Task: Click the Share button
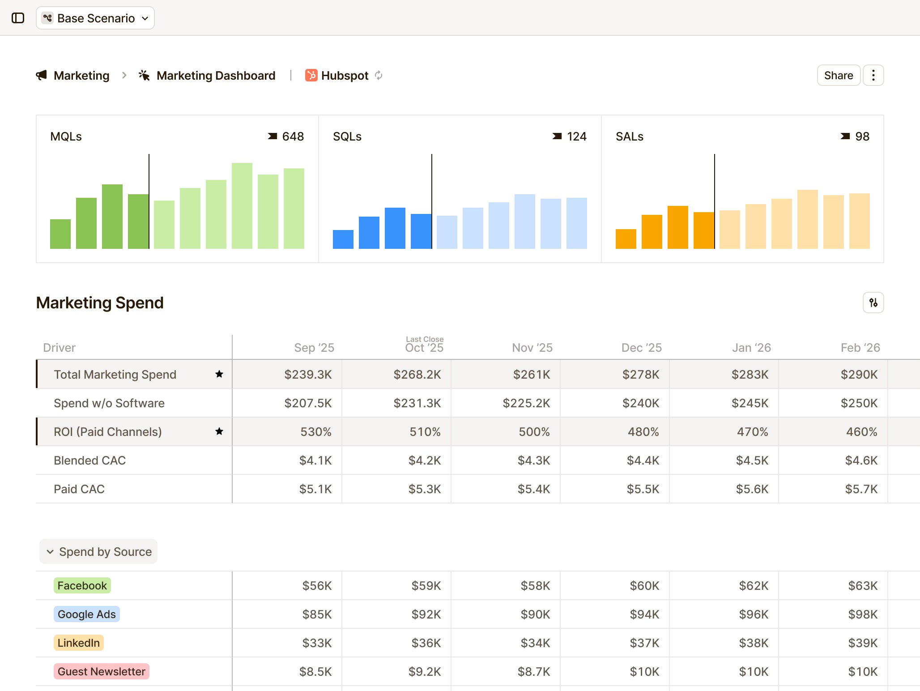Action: click(x=838, y=75)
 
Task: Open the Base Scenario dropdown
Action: click(x=95, y=18)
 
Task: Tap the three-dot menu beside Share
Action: click(x=873, y=75)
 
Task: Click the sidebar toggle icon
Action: click(x=18, y=18)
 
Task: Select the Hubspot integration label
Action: click(x=344, y=76)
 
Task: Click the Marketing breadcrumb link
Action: click(x=81, y=76)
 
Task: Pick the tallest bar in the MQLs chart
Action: click(x=242, y=206)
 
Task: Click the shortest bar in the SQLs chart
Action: click(x=343, y=239)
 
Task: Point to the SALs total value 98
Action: click(x=862, y=136)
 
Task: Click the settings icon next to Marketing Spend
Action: click(x=873, y=303)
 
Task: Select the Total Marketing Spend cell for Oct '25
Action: click(x=417, y=375)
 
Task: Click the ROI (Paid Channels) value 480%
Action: click(x=643, y=432)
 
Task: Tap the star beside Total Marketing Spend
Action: click(x=219, y=374)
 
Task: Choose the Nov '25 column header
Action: click(x=532, y=348)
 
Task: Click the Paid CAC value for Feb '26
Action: click(x=861, y=489)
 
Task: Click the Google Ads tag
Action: click(x=87, y=614)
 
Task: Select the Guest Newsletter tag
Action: click(x=101, y=672)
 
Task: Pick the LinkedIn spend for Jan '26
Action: click(x=753, y=643)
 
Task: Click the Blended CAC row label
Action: click(x=89, y=461)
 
